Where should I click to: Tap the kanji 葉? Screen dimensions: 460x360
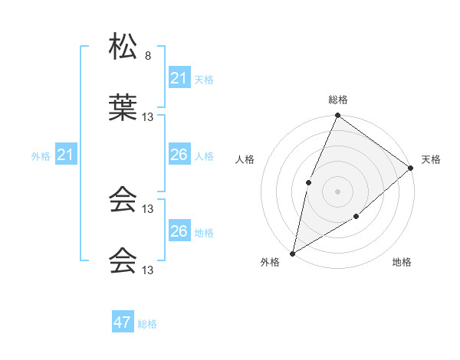tap(123, 107)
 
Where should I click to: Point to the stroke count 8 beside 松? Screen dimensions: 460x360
tap(148, 56)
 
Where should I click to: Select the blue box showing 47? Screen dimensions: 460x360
tap(123, 322)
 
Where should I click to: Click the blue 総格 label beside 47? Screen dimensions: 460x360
tap(147, 324)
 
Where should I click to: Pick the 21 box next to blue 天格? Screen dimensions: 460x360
tap(179, 78)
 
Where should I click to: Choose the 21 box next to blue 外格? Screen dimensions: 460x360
tap(66, 155)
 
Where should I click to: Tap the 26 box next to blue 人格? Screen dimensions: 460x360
tap(179, 155)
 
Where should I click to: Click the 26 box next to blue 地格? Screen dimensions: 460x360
tap(179, 231)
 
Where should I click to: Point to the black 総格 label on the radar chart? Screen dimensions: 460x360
tap(338, 100)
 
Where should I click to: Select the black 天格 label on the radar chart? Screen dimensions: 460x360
tap(431, 159)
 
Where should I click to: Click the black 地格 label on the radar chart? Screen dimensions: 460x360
tap(402, 263)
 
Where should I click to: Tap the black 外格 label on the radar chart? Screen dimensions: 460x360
tap(270, 263)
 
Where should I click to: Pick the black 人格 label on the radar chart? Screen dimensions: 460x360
tap(245, 159)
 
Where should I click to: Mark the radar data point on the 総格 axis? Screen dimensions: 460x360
tap(337, 116)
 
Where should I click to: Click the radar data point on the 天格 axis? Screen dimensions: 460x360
tap(410, 168)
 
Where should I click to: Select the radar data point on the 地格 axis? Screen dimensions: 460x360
tap(356, 218)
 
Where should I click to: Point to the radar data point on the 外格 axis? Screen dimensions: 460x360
tap(292, 253)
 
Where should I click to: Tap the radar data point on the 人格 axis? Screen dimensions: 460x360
tap(308, 182)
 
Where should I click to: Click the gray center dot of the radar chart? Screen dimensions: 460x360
tap(337, 191)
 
